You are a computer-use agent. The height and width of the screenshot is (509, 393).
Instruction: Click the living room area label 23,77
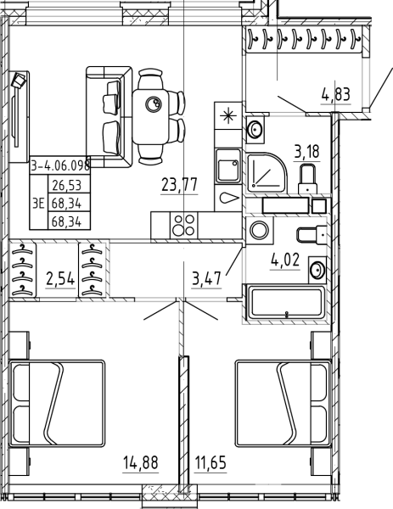[179, 185]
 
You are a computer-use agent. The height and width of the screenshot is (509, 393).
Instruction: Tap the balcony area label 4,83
[336, 95]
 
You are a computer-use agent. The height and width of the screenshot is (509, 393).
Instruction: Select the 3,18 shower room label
[307, 152]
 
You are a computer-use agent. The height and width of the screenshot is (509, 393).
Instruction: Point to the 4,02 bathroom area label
[285, 260]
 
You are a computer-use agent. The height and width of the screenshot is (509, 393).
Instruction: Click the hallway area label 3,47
[206, 279]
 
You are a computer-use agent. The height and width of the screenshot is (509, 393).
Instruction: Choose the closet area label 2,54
[61, 279]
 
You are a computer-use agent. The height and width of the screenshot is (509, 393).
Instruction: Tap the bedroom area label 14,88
[141, 462]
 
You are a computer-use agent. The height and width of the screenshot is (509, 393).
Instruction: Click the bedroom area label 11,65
[211, 462]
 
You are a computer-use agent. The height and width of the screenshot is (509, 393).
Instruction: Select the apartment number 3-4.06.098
[60, 165]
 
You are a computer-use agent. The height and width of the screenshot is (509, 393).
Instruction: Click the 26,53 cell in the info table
[66, 185]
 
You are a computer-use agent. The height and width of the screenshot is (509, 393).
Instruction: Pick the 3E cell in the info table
[38, 204]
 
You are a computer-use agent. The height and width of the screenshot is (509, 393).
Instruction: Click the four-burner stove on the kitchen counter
[184, 225]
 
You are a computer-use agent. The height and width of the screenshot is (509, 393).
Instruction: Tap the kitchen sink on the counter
[228, 166]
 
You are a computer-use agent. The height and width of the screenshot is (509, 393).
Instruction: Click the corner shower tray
[267, 171]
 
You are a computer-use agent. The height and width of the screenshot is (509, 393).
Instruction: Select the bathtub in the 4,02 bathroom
[287, 303]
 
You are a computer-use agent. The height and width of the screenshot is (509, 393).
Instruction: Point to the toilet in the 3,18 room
[307, 180]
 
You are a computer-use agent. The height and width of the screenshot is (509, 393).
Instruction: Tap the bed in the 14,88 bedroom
[57, 403]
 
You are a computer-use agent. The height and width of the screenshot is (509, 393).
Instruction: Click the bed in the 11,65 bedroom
[283, 403]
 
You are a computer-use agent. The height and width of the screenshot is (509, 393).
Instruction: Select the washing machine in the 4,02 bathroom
[260, 231]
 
